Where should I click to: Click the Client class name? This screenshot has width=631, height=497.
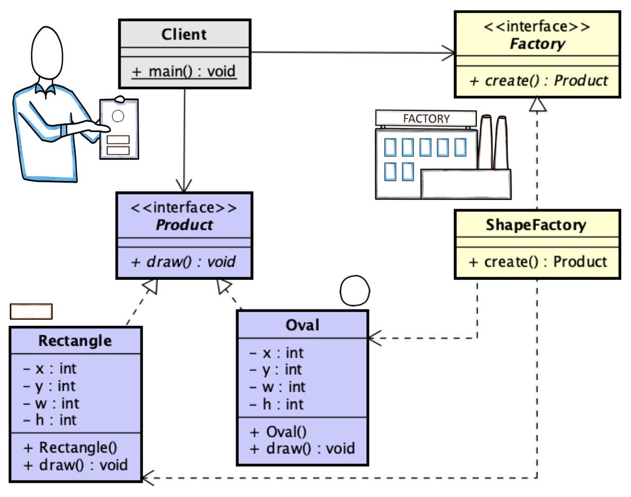(x=184, y=35)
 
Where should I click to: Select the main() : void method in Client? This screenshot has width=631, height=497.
(x=184, y=71)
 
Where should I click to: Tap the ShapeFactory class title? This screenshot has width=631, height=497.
(x=536, y=225)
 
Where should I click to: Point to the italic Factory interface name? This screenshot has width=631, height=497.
(x=537, y=44)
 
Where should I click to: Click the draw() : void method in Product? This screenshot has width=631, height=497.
(x=183, y=261)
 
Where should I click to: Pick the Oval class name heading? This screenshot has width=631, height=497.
(x=302, y=325)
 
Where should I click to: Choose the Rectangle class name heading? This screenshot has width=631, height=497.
(x=75, y=341)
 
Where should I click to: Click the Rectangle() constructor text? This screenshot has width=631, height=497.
(x=71, y=448)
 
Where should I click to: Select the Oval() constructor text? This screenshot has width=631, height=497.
(x=278, y=432)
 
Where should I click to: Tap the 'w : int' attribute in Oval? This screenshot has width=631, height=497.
(x=277, y=387)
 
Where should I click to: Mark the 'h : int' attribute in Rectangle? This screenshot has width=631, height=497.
(x=50, y=420)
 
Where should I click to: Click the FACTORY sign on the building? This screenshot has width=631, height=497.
(x=426, y=119)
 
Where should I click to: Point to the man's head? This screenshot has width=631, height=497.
(x=47, y=53)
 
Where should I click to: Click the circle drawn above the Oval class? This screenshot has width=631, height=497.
(x=355, y=290)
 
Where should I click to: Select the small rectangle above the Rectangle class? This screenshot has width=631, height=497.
(x=31, y=311)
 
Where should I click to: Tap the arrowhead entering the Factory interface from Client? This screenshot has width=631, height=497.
(x=449, y=53)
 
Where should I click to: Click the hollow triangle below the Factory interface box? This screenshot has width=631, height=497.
(x=538, y=104)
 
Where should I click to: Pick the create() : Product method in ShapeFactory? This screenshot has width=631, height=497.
(x=538, y=261)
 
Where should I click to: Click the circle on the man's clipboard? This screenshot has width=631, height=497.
(x=118, y=116)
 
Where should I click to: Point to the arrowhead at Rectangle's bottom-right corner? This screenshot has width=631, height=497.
(x=148, y=478)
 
